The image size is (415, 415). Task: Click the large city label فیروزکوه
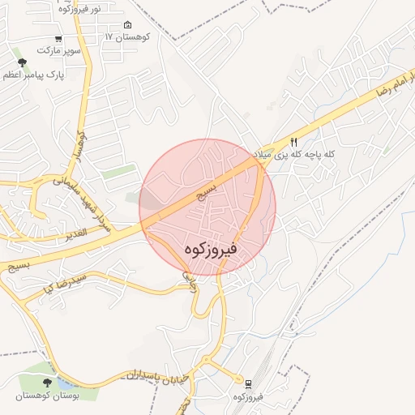point(208,249)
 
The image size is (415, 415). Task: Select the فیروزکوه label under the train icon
point(249,396)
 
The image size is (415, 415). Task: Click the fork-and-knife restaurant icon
point(293,141)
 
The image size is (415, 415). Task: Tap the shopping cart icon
point(58,39)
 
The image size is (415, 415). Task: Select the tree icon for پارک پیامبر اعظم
point(21,62)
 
